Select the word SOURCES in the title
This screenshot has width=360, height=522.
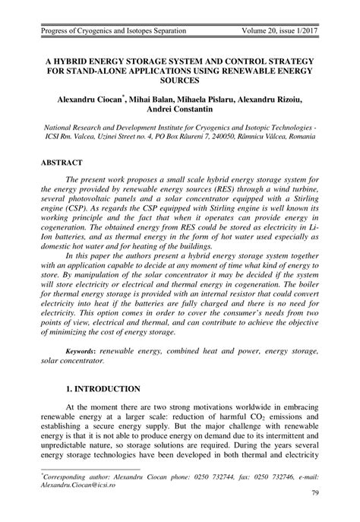point(179,78)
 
